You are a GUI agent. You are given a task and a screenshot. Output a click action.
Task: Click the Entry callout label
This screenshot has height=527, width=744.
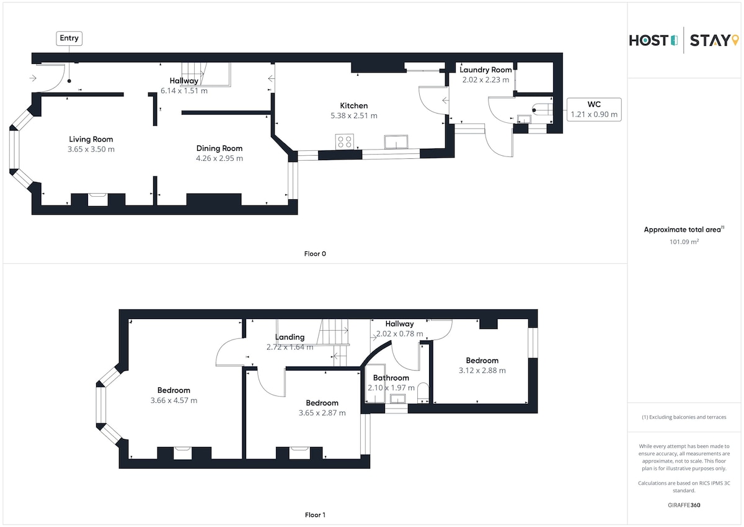(x=69, y=38)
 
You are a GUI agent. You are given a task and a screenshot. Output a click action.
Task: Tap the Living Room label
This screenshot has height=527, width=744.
(x=91, y=139)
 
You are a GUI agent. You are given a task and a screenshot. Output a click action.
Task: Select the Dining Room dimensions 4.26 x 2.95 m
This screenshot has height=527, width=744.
(x=219, y=158)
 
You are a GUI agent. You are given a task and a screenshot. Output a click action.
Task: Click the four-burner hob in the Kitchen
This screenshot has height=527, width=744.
(x=345, y=142)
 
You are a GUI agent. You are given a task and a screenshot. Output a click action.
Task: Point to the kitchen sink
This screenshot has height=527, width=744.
(x=396, y=142)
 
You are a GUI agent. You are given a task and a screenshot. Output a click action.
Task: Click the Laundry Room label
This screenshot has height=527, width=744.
(x=485, y=70)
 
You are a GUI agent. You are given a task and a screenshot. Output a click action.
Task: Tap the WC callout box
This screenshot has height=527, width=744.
(x=594, y=109)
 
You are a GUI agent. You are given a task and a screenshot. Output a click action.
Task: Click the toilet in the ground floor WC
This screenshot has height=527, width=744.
(x=542, y=110)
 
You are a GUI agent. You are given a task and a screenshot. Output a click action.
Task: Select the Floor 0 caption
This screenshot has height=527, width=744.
(x=315, y=254)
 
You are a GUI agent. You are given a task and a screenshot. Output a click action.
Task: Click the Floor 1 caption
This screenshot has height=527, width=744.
(x=315, y=515)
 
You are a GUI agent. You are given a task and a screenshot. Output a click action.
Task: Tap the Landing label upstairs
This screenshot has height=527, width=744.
(x=290, y=337)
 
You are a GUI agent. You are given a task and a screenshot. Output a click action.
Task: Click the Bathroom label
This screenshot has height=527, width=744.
(x=391, y=377)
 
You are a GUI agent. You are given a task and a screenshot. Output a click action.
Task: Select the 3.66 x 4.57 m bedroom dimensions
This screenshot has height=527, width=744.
(x=174, y=400)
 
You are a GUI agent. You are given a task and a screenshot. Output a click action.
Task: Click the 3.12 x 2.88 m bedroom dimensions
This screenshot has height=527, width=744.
(x=482, y=371)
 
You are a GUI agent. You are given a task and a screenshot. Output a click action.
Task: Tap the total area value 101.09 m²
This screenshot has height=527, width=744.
(x=684, y=241)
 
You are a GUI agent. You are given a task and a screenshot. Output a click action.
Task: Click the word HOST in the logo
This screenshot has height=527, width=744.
(x=649, y=40)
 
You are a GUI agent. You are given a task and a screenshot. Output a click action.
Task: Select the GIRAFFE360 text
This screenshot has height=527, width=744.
(x=684, y=505)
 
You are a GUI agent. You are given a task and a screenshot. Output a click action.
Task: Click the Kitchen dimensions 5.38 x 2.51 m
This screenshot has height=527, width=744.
(x=354, y=115)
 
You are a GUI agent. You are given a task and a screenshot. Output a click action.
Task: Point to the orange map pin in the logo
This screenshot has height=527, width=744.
(x=735, y=40)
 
